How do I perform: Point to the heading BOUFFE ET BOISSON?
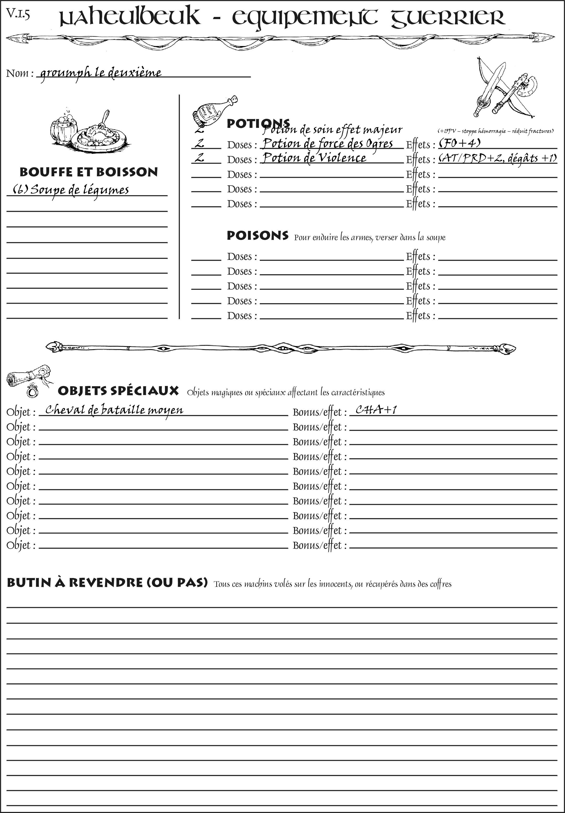pos(89,172)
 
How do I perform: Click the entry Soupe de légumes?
pos(71,190)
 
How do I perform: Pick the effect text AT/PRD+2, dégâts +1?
pos(497,158)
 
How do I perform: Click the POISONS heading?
pos(257,236)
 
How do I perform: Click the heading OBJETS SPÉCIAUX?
pos(118,391)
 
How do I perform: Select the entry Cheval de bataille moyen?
pos(114,410)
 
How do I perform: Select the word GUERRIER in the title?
pos(448,18)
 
